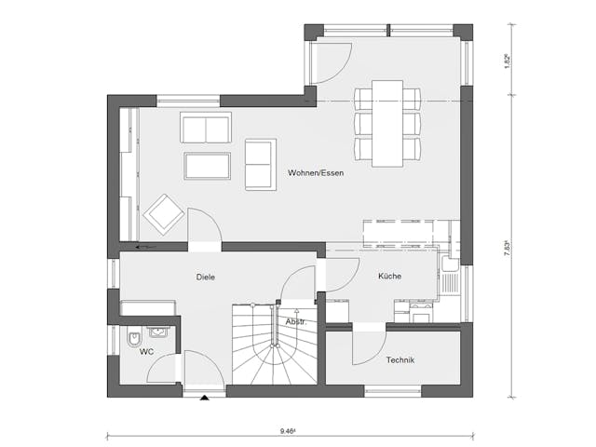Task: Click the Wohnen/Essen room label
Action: (x=315, y=173)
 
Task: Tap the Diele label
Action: (x=207, y=277)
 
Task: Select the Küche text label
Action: (x=389, y=277)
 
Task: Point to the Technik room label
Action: (x=400, y=360)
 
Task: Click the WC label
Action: (x=146, y=352)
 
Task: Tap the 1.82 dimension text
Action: (x=507, y=60)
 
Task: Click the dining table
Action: (x=387, y=123)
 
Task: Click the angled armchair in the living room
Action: (x=163, y=215)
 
